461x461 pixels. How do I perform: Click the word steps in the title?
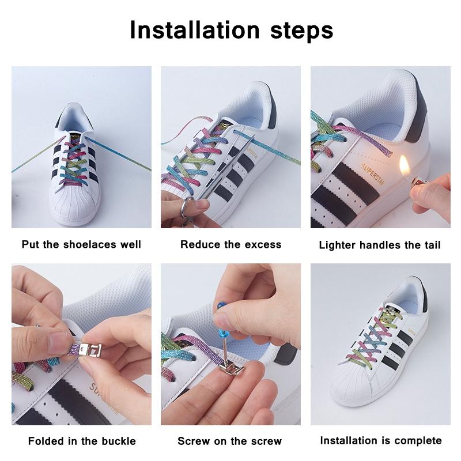point(299,30)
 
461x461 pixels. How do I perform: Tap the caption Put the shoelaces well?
point(81,244)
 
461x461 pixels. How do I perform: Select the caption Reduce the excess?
point(231,244)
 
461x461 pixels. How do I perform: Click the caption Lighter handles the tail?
point(380,245)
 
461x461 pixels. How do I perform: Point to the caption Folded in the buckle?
point(82,441)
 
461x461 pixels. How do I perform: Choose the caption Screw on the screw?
point(230,441)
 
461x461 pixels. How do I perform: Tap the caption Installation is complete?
point(381,441)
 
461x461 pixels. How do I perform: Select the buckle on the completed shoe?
point(392,315)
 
